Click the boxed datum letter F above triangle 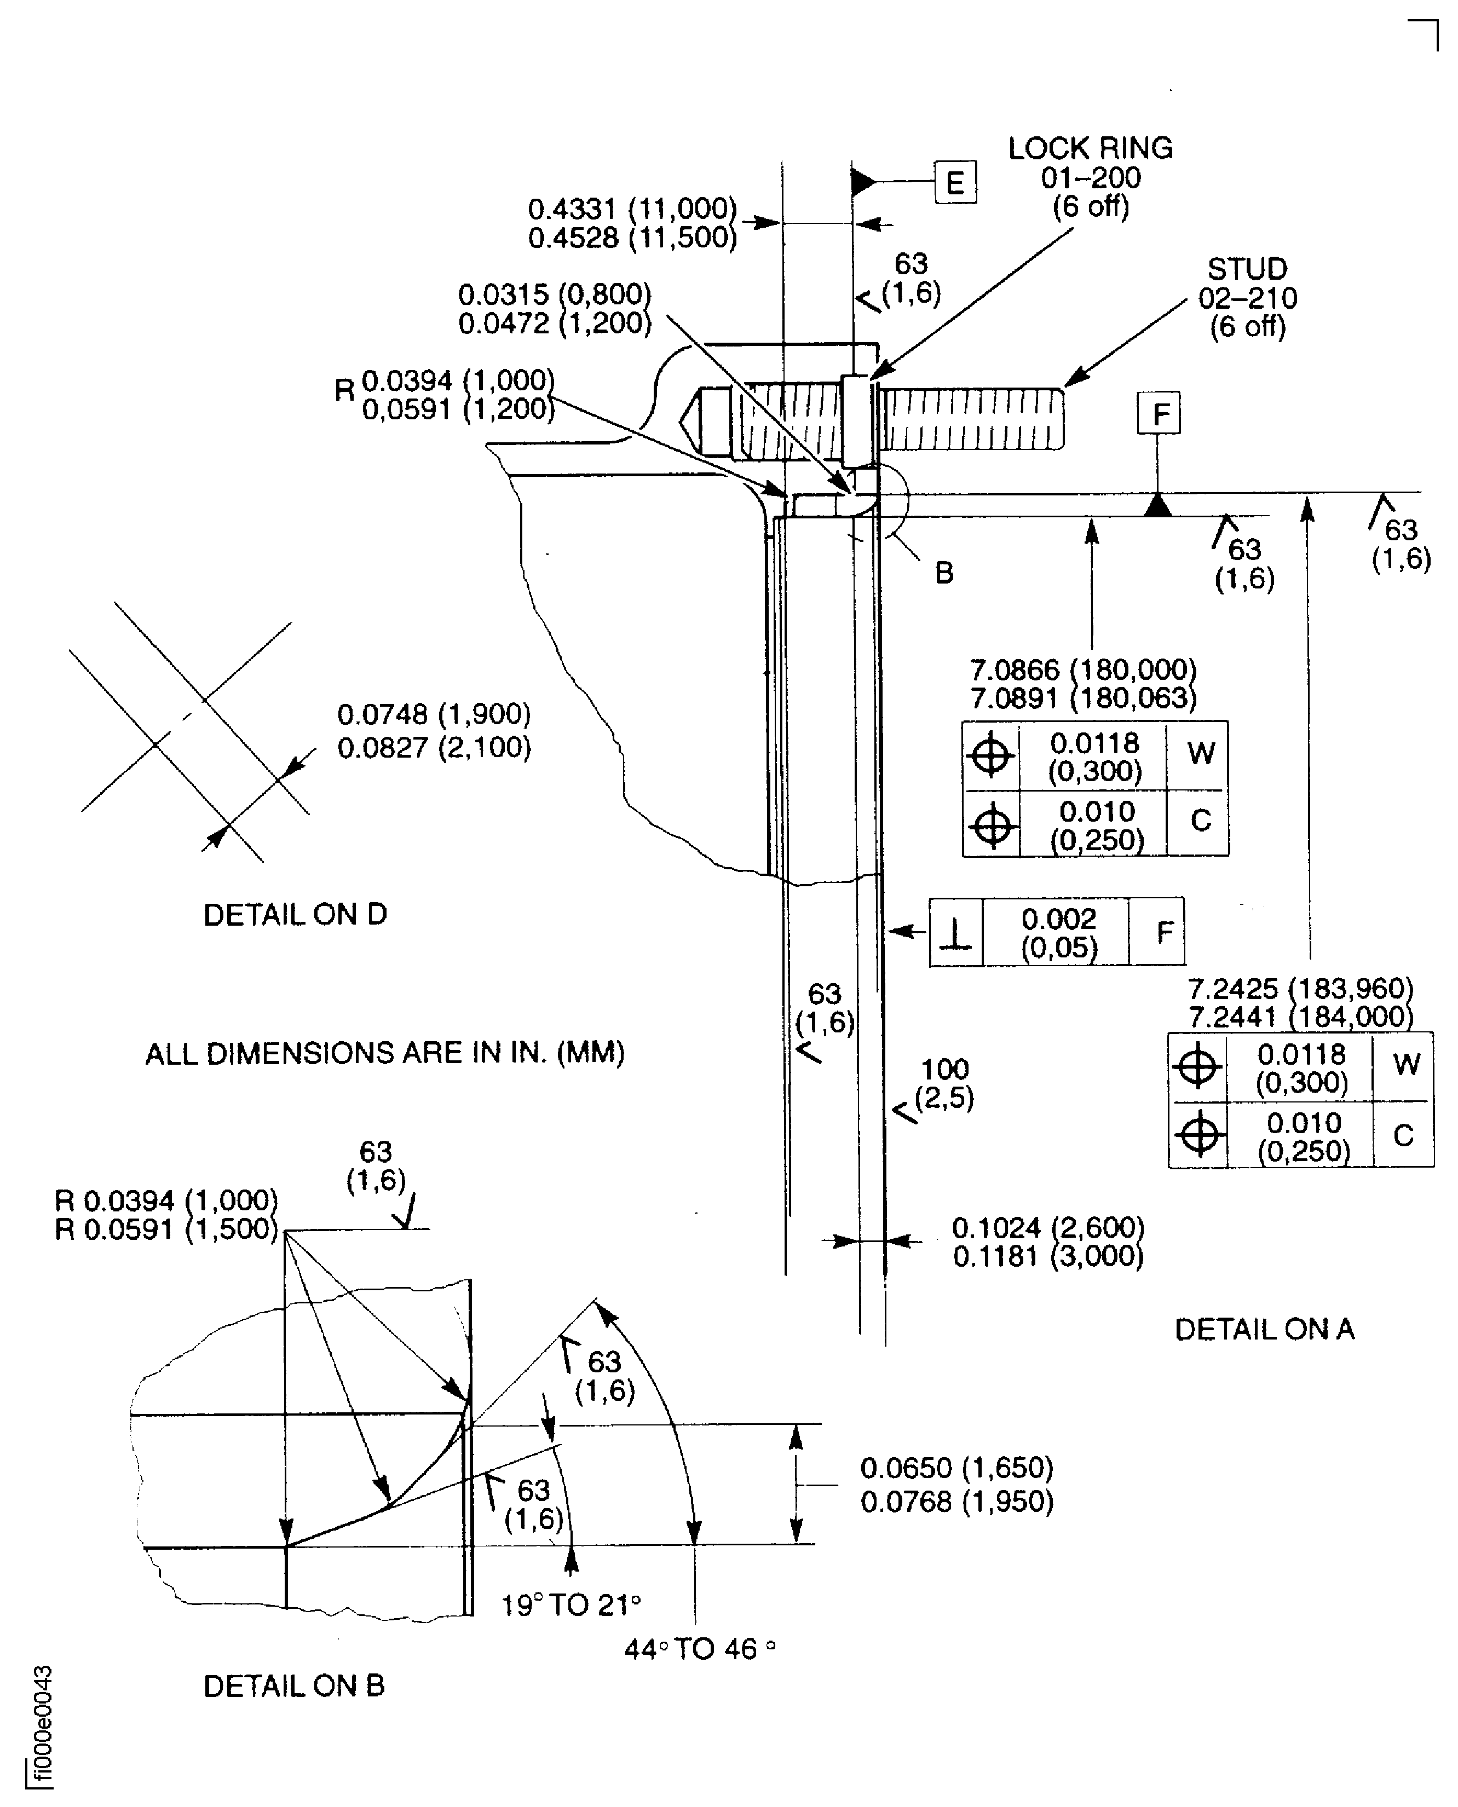click(1159, 413)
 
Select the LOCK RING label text click(1090, 149)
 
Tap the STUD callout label click(1247, 269)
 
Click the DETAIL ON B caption click(294, 1686)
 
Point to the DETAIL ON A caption click(1264, 1329)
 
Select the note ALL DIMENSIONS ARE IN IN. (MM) click(385, 1053)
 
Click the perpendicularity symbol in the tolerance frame click(956, 932)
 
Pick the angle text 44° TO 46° click(699, 1649)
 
